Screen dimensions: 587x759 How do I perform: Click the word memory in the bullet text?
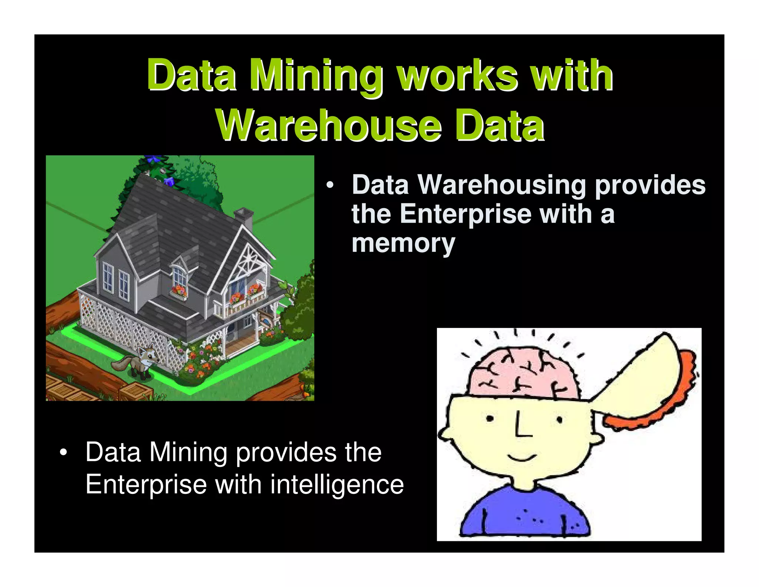pos(403,243)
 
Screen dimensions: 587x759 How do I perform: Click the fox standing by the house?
pos(139,362)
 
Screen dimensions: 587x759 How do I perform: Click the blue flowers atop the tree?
pos(152,159)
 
